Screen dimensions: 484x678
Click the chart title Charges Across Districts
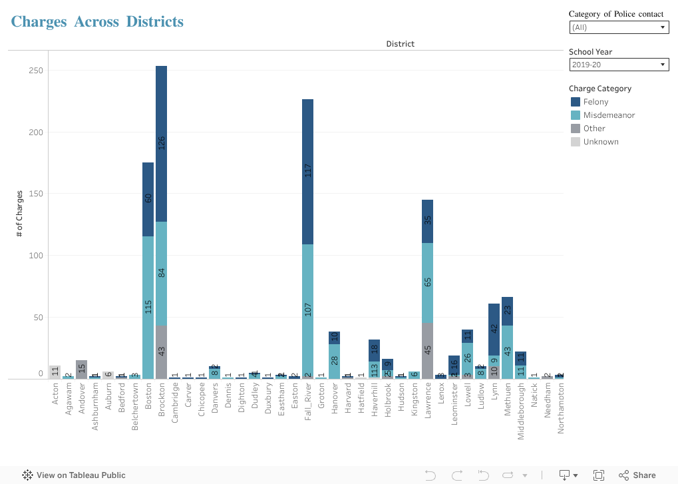[x=97, y=21]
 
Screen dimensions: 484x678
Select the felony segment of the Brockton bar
[x=161, y=143]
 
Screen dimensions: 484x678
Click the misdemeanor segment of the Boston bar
[x=148, y=307]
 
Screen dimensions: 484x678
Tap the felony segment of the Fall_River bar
[x=307, y=171]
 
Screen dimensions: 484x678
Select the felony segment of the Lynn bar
[x=494, y=329]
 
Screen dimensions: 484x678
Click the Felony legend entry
[x=595, y=102]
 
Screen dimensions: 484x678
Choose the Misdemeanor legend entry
[x=609, y=115]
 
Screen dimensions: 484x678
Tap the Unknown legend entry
[x=600, y=142]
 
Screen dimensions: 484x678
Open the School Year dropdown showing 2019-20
[x=619, y=65]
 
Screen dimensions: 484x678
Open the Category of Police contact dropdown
[x=619, y=27]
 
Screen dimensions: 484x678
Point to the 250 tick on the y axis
[x=36, y=71]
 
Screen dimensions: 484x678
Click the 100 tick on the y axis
[x=36, y=256]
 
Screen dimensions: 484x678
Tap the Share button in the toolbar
[x=637, y=475]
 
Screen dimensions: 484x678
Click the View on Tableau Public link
[x=74, y=475]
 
